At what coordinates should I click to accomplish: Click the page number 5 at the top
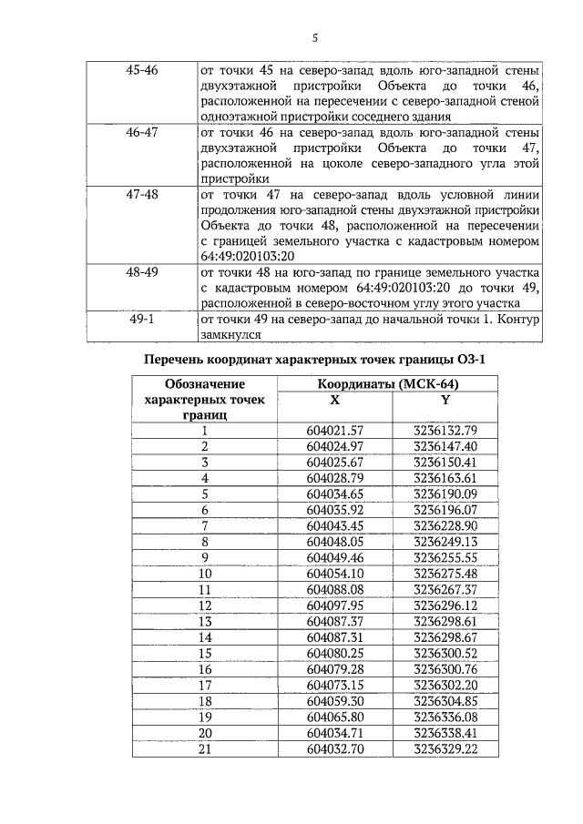315,37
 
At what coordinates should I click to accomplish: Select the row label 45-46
141,69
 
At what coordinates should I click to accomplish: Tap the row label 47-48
141,195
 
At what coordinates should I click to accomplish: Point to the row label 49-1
141,320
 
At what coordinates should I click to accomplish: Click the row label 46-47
141,132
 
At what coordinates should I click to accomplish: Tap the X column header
335,400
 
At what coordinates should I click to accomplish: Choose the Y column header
445,400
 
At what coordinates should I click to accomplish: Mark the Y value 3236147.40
445,446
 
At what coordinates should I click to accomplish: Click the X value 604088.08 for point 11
335,590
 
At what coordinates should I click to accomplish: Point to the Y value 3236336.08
445,717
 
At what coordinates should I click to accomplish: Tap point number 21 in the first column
204,749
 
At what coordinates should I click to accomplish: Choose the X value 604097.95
335,605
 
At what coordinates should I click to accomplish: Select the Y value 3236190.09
445,493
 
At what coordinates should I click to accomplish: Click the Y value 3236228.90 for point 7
445,525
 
